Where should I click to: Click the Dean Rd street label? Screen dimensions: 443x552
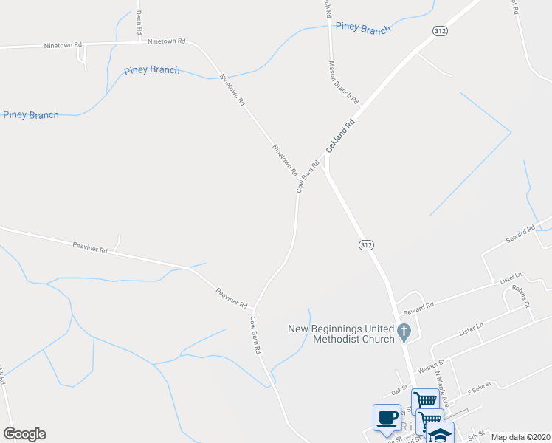tap(138, 21)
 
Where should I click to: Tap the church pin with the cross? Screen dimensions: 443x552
tap(404, 332)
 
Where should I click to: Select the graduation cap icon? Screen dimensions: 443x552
tap(441, 435)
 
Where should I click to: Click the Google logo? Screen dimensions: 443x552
tap(24, 434)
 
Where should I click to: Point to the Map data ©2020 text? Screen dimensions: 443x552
tap(520, 437)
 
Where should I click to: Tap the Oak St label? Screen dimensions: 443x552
tap(400, 389)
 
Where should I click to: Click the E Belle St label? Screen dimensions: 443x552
tap(480, 389)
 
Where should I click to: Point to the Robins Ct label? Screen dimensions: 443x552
tap(522, 298)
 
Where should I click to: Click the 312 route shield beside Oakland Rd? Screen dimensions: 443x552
tap(440, 30)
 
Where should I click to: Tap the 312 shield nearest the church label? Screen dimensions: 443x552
tap(365, 244)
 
